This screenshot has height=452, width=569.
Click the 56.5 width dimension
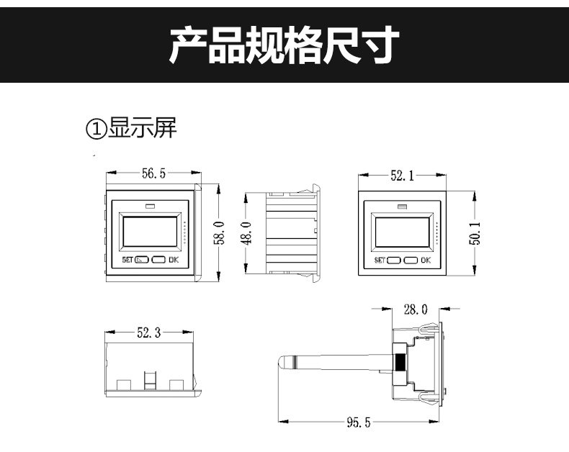[x=153, y=173]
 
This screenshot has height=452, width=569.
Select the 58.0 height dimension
[x=219, y=233]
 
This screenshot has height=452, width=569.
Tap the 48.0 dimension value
[x=246, y=233]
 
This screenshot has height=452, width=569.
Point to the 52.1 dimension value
[x=402, y=176]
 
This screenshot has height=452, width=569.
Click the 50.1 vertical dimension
[x=475, y=234]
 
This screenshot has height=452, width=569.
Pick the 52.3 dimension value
[x=149, y=333]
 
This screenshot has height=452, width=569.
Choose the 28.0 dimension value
[x=416, y=309]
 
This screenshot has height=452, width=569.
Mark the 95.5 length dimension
[x=359, y=422]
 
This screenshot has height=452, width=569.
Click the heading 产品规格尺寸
[x=284, y=45]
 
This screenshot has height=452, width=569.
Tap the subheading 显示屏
[x=143, y=127]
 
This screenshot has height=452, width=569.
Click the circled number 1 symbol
[x=97, y=129]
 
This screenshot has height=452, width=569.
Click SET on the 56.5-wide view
[x=127, y=260]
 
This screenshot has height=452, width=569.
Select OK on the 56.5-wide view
[x=174, y=260]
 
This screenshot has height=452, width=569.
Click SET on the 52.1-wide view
[x=380, y=260]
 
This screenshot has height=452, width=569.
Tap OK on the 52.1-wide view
[x=426, y=260]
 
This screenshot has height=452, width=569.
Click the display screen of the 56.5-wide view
[x=150, y=232]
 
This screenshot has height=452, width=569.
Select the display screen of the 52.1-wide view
[x=402, y=232]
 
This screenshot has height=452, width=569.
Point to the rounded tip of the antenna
[x=281, y=361]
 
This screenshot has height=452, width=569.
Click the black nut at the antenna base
[x=400, y=361]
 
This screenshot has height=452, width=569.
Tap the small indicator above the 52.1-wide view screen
[x=402, y=207]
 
